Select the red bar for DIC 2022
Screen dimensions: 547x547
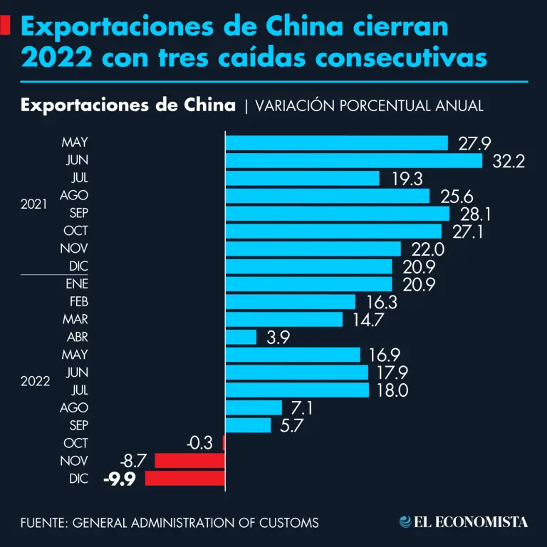[185, 478]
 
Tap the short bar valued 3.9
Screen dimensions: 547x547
[241, 337]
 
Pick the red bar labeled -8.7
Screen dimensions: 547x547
[189, 461]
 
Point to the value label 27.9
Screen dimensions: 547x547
[475, 144]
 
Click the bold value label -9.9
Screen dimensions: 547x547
[120, 479]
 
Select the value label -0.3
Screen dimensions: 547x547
[199, 443]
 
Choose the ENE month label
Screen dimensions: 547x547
[76, 284]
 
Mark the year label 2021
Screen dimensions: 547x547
[33, 204]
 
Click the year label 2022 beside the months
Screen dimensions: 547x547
[35, 381]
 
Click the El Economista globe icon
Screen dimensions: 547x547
[405, 522]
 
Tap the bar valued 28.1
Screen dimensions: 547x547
[338, 214]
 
